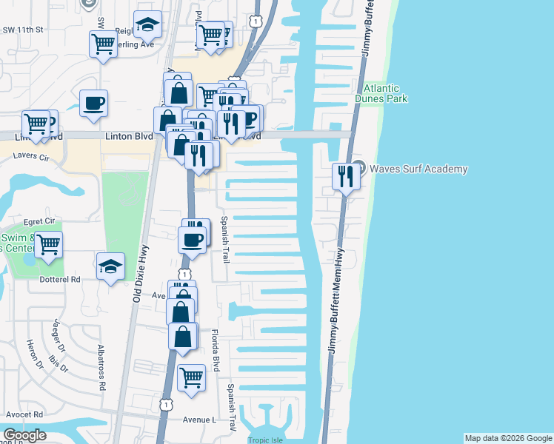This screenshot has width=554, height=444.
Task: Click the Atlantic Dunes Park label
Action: point(381,92)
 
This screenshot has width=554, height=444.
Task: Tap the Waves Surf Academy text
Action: point(419,169)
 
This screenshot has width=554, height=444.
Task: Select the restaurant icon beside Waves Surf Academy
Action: point(345,176)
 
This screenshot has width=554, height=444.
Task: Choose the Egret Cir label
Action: point(39,221)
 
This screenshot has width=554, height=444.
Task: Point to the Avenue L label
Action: point(198,420)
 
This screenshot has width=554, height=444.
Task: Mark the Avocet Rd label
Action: point(22,414)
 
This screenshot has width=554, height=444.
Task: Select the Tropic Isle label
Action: point(269,440)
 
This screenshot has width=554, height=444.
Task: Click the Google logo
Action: point(24,436)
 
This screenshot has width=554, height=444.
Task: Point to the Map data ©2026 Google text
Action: point(507,438)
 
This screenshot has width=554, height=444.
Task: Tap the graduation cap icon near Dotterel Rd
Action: point(110,266)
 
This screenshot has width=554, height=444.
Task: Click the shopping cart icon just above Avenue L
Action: point(192,377)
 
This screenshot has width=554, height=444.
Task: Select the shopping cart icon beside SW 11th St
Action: point(103,43)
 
